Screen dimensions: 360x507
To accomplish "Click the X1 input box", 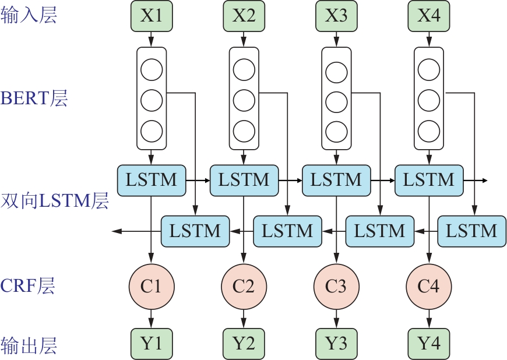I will point(151,16).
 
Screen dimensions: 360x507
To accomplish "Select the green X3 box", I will point(336,16).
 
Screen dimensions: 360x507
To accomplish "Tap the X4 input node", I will point(429,16).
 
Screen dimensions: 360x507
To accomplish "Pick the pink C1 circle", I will point(151,286).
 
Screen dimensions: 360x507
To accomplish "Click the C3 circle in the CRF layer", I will point(336,286).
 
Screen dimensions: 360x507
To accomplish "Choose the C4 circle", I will point(429,286).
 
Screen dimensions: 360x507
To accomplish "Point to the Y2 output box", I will point(244,343).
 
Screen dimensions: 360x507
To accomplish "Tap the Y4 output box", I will point(429,343).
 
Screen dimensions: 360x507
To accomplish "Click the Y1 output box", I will point(151,343).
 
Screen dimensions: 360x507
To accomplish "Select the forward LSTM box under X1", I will point(151,180).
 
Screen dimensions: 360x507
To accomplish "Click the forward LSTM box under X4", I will point(429,180).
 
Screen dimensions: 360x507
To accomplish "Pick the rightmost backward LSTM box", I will point(471,231).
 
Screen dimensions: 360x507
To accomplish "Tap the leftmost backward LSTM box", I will point(195,231).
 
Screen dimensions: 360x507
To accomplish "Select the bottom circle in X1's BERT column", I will point(151,130).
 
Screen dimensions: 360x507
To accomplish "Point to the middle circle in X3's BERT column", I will point(336,101).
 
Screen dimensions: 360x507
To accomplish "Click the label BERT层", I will point(34,98).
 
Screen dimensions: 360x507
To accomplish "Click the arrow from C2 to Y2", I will point(244,319).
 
